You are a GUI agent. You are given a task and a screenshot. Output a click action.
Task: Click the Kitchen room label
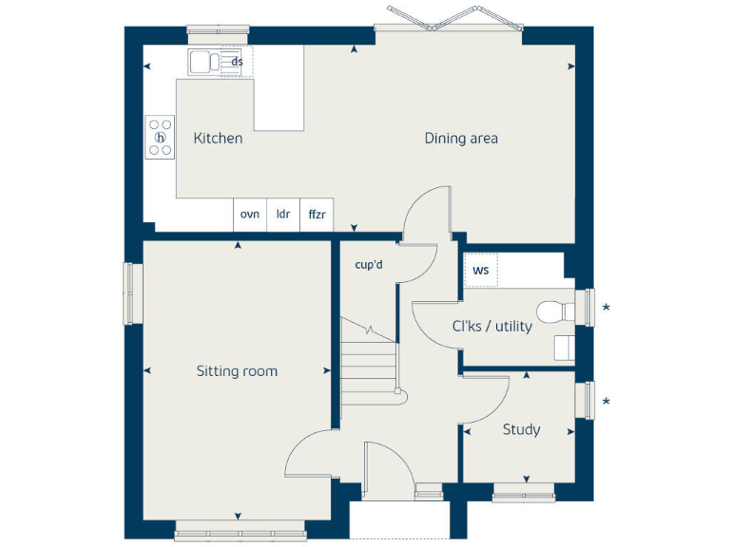coord(218,139)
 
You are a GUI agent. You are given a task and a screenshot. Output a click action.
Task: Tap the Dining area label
coord(461,139)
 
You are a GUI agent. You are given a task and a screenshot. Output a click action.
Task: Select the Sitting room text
coord(237,371)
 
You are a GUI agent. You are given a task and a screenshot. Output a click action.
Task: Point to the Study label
coord(521,430)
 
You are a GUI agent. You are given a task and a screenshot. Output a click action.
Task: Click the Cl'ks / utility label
coord(491,326)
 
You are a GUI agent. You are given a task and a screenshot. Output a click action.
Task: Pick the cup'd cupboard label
coord(368,265)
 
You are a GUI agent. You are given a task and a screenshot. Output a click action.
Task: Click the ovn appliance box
coord(250,215)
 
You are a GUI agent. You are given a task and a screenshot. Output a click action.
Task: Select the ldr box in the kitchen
coord(283,215)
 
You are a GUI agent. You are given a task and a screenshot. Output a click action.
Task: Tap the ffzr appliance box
coord(317,215)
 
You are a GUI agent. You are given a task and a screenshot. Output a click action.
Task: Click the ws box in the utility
coord(480,271)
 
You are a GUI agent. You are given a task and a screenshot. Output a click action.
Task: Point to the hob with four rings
coord(161,136)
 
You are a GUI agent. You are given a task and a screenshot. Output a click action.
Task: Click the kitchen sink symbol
coord(203,63)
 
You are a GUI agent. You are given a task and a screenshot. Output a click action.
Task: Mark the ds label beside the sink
coord(238,63)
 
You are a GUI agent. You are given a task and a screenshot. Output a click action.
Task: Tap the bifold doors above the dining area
coord(449,19)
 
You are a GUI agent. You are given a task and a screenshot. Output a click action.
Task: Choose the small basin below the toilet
coord(564,348)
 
